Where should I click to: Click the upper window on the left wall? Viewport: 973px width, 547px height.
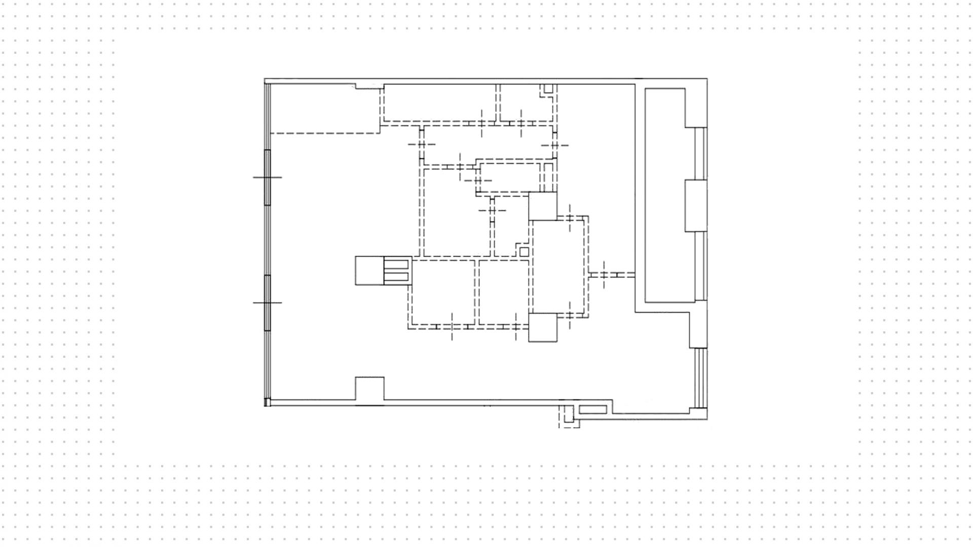click(268, 177)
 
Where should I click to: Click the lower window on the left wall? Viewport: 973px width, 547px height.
click(268, 302)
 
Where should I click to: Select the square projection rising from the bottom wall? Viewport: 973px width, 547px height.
click(369, 389)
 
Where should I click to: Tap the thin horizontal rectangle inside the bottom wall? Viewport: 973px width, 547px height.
click(592, 409)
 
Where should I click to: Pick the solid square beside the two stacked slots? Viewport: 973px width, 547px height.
click(369, 270)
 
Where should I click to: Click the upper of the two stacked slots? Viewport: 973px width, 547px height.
click(396, 265)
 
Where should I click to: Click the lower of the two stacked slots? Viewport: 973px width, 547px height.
click(396, 277)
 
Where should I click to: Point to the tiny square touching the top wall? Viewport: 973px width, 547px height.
click(548, 89)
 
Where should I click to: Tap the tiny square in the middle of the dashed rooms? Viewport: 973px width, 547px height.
click(524, 252)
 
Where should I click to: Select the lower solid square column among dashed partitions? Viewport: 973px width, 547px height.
click(543, 327)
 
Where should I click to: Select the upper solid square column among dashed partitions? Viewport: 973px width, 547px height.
click(543, 206)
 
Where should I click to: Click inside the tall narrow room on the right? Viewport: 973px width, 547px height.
click(665, 195)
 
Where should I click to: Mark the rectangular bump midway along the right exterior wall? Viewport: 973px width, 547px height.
click(696, 206)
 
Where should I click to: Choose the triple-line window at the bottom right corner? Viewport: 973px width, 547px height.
click(700, 378)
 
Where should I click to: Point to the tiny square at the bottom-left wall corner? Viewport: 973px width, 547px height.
click(268, 402)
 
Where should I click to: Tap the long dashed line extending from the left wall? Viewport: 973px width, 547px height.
click(325, 133)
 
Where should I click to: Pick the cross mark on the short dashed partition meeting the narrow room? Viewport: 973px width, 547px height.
click(604, 275)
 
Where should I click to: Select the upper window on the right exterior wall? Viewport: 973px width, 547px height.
click(700, 153)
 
